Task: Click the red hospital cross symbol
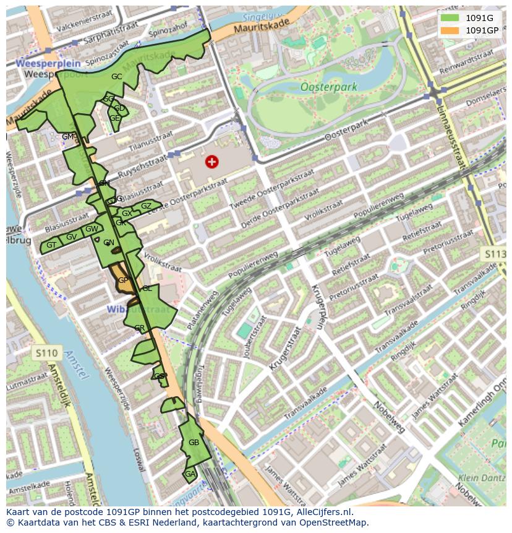211,162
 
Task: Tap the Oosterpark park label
328,87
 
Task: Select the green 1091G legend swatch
450,18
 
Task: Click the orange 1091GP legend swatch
450,30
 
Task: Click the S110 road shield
46,353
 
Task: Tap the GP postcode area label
123,280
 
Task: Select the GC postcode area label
116,77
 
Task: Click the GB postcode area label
194,443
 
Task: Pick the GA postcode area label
190,474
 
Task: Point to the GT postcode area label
51,245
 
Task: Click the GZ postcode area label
146,206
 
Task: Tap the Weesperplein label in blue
40,63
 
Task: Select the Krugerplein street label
318,307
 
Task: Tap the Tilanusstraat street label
148,141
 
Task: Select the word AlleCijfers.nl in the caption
323,512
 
